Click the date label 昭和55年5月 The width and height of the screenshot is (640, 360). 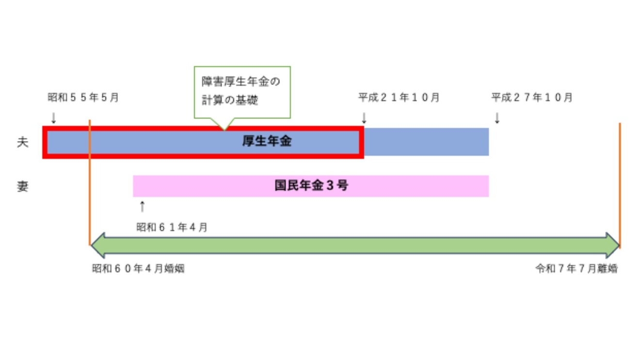tap(83, 98)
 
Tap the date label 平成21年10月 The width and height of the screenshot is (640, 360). tap(399, 98)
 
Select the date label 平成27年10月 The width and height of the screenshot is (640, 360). tap(532, 98)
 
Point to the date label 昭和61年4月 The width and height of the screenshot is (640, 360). tap(172, 227)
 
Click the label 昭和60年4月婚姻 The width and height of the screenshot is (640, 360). tap(138, 268)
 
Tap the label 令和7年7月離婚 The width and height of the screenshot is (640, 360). tap(576, 268)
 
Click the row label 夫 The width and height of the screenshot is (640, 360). tap(23, 142)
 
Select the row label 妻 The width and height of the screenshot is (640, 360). tap(23, 187)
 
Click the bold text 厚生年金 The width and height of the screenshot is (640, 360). tap(267, 141)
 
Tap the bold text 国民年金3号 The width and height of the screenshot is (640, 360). tap(311, 186)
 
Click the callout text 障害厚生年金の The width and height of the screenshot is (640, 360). tap(241, 82)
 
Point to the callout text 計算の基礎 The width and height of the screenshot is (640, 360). tap(230, 100)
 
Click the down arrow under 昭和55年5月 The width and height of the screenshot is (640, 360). tap(54, 118)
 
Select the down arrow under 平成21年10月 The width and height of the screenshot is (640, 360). tap(364, 118)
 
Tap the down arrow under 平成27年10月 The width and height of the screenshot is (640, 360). tap(497, 118)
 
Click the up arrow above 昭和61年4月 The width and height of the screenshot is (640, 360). tap(142, 206)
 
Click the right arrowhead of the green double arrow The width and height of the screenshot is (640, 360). tap(612, 246)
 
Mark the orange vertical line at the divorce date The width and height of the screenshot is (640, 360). tap(620, 186)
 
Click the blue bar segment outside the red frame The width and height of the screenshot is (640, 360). tap(426, 142)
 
